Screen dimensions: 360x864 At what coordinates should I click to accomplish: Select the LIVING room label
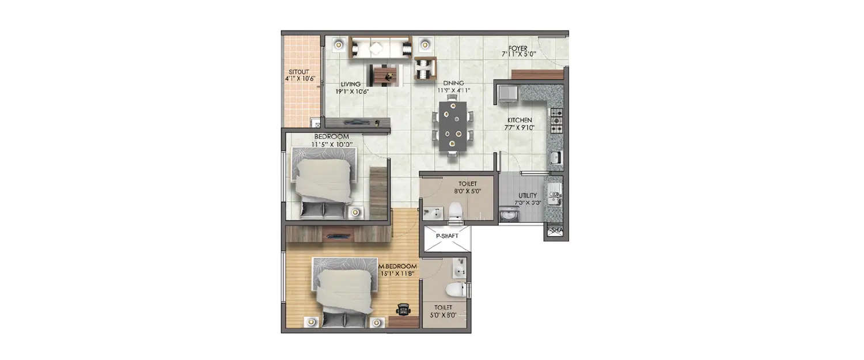point(350,84)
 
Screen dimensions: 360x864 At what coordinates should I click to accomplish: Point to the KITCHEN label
point(520,120)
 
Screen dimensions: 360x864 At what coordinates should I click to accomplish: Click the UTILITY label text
point(527,196)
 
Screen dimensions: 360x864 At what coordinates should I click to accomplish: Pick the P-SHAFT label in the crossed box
point(446,236)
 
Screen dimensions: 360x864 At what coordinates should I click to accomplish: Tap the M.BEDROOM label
point(398,266)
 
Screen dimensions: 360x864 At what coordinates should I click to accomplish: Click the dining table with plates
point(453,126)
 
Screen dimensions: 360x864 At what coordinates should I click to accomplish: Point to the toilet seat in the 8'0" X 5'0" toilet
point(455,210)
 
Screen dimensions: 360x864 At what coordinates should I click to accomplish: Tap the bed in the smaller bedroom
point(323,183)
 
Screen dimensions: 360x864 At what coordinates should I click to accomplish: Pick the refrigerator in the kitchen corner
point(507,94)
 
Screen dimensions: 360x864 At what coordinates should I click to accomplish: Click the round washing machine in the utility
point(508,215)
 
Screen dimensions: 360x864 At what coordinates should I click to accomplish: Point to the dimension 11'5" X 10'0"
point(332,143)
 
